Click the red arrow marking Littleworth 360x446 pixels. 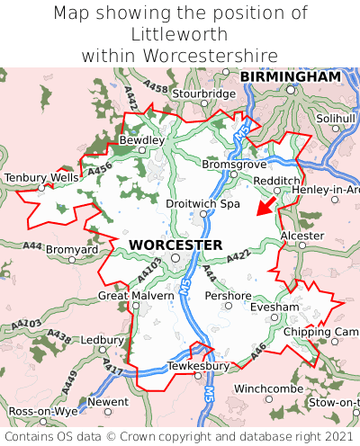coord(265,207)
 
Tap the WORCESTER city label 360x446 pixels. coord(175,245)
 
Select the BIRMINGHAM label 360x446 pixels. coord(291,77)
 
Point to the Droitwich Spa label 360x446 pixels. coord(203,204)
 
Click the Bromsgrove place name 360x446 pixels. coord(234,165)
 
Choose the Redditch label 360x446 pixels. coord(277,181)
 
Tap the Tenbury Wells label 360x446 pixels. coord(41,178)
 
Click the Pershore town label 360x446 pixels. coord(228,295)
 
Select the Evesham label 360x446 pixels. coord(274,307)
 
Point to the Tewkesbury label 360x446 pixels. coord(199,366)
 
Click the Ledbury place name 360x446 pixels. coord(102,340)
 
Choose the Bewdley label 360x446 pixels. coord(142,140)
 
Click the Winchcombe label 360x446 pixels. coord(268,389)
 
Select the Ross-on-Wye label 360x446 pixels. coord(37,411)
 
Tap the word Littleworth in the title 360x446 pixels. coord(180,34)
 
